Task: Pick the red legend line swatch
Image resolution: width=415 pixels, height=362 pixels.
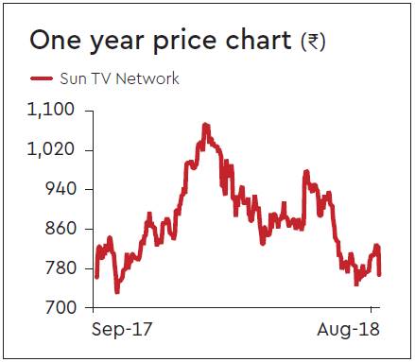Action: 41,78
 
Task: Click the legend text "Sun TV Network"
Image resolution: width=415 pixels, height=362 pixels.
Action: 119,78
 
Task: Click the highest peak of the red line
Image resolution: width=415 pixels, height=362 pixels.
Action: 205,124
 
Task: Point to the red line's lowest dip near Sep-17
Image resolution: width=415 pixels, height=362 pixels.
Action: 117,292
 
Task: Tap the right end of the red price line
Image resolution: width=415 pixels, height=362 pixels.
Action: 379,275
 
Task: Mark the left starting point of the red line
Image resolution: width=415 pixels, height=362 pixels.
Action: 96,278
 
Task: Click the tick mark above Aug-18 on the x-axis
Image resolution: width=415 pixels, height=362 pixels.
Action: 372,310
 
